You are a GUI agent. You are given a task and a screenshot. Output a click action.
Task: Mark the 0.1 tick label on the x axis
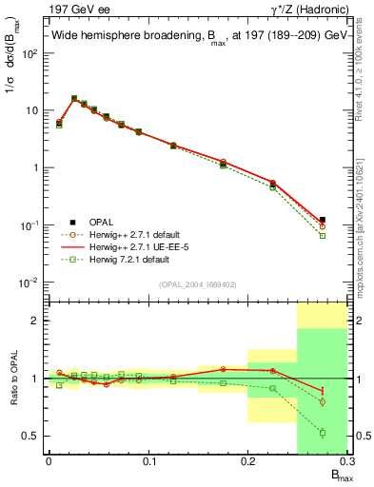tap(148, 461)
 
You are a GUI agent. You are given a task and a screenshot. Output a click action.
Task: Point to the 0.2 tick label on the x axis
tap(247, 461)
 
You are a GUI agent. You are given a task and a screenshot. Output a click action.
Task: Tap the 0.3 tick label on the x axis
tap(346, 461)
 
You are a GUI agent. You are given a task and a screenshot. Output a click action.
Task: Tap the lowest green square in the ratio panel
tap(323, 433)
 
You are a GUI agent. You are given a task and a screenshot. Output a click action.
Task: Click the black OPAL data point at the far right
tap(323, 220)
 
